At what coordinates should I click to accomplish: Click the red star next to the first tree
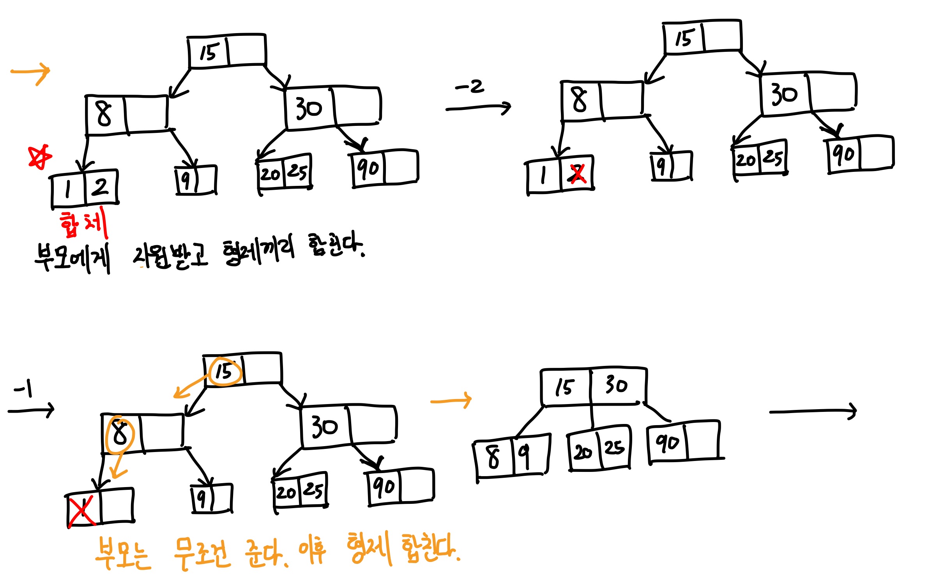point(39,157)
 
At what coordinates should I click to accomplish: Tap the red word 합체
point(83,224)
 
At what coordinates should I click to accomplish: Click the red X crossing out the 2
point(577,174)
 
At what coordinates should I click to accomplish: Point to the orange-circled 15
point(225,371)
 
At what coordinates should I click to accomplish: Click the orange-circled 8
point(120,434)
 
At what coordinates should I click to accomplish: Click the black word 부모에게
point(72,257)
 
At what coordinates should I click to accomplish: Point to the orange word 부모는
point(123,554)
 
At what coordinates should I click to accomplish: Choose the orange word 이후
point(312,550)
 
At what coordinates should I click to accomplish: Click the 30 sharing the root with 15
point(616,385)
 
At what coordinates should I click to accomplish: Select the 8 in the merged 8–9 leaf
point(493,456)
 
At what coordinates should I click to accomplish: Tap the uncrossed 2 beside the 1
point(100,187)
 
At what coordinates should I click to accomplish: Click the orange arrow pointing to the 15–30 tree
point(451,400)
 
